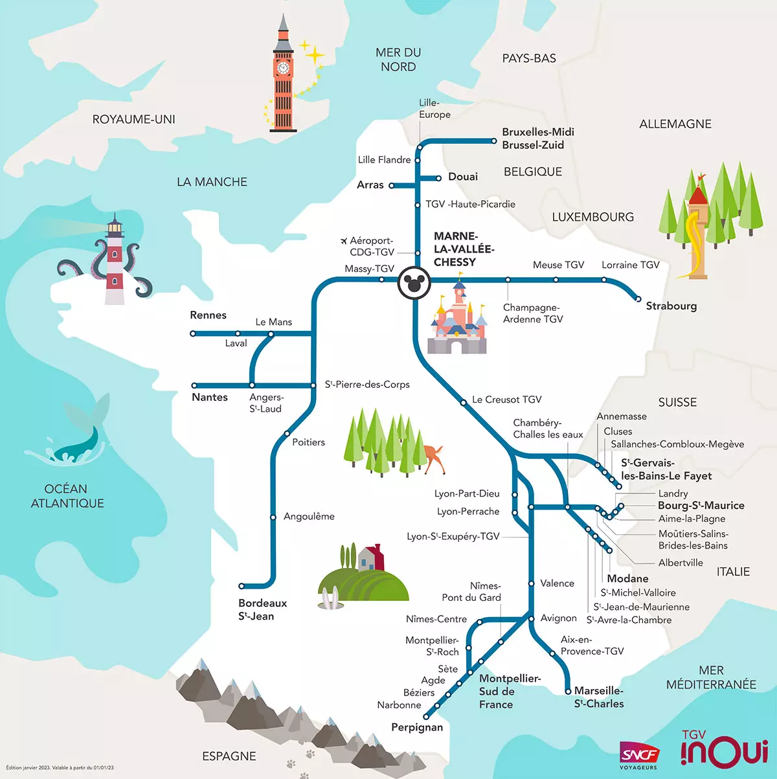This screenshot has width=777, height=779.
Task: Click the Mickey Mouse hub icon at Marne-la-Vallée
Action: [x=413, y=282]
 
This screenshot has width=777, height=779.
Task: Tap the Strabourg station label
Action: [x=671, y=306]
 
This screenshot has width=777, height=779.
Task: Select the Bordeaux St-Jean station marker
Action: [x=242, y=586]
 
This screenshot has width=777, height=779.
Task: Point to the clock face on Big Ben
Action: [x=283, y=68]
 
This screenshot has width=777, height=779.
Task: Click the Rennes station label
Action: [x=208, y=315]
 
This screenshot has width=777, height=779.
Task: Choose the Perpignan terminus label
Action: [x=417, y=727]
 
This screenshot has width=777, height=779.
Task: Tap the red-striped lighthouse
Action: [x=115, y=262]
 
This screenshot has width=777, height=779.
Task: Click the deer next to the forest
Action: [x=432, y=455]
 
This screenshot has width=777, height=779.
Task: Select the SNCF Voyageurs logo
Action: [x=639, y=755]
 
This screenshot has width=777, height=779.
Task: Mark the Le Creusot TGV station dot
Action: [x=464, y=403]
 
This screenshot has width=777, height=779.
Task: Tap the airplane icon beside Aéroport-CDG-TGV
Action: [x=344, y=241]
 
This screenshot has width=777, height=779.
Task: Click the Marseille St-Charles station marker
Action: [x=568, y=691]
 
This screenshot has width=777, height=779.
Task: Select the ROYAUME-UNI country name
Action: [x=133, y=119]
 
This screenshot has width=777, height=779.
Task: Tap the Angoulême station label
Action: [x=309, y=517]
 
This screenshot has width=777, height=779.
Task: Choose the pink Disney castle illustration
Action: [x=457, y=321]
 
